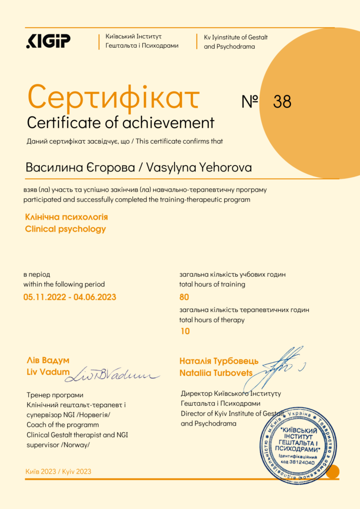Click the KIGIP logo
[x=48, y=41]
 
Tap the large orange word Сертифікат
[x=114, y=97]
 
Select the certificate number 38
[x=282, y=101]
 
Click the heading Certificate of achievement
[x=120, y=122]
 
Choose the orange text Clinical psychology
[x=65, y=229]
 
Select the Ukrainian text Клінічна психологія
[x=66, y=217]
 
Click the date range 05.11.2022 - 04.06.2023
[x=70, y=297]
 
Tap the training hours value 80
[x=184, y=297]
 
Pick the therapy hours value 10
[x=184, y=331]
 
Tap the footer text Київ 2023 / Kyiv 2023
[x=58, y=471]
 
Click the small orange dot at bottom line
[x=332, y=471]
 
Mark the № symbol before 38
[x=250, y=101]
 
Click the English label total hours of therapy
[x=212, y=320]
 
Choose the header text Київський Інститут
[x=133, y=37]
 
